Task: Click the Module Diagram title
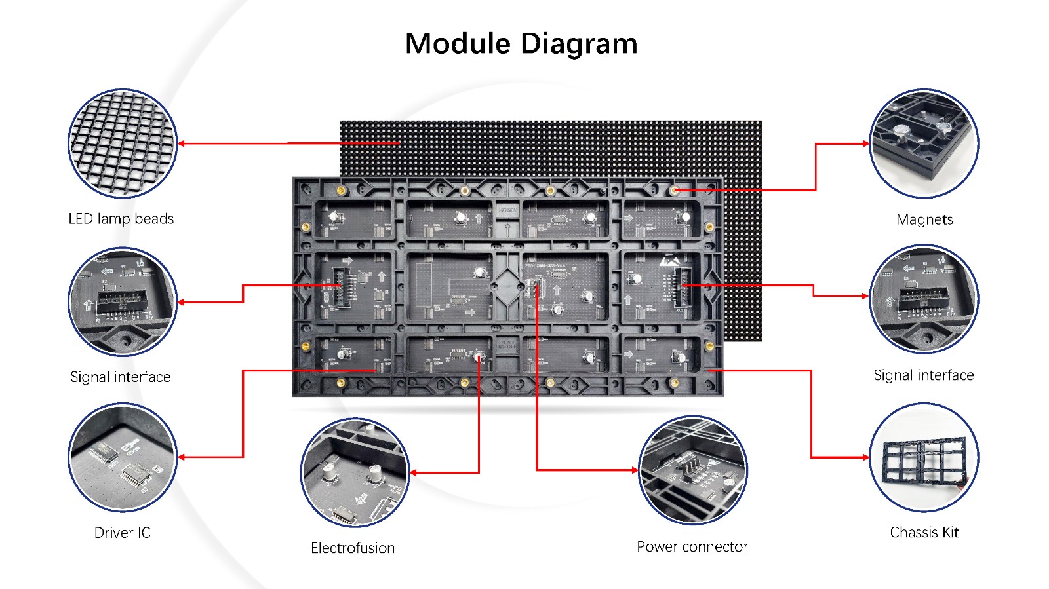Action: (521, 44)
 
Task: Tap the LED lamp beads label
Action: (121, 219)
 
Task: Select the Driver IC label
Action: (123, 533)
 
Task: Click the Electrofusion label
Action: (353, 548)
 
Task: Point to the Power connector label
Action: (692, 546)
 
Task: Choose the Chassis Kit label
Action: (924, 532)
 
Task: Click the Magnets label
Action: (924, 219)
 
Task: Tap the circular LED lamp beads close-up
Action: (123, 143)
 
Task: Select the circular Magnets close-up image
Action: (924, 143)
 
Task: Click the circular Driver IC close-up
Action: (123, 457)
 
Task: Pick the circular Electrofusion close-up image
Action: (355, 472)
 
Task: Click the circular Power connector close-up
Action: (693, 470)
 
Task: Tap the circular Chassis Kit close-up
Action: (924, 457)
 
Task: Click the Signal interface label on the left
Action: (121, 377)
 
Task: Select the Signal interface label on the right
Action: (923, 375)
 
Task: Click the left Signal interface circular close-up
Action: (123, 302)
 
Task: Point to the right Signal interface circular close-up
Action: (924, 299)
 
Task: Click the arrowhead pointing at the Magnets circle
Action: (865, 143)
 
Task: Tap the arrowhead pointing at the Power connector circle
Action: (635, 470)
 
